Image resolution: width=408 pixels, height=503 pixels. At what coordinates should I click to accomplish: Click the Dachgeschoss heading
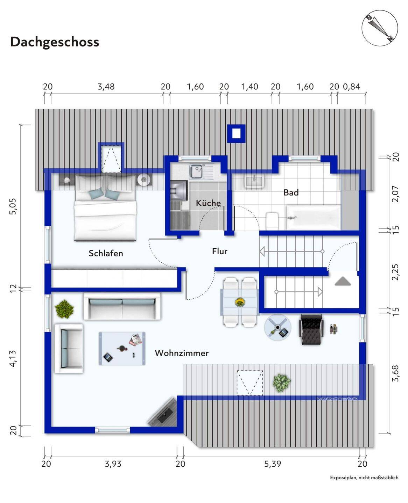coord(55,42)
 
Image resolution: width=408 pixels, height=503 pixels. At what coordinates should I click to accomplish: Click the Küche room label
coord(208,203)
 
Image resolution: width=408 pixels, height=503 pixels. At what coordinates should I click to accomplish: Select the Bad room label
coord(291,192)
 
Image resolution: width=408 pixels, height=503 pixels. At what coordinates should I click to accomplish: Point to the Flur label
coord(219,251)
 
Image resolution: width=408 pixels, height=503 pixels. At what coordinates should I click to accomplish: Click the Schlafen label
coord(106,253)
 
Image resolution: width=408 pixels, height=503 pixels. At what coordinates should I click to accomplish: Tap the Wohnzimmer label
coord(182,353)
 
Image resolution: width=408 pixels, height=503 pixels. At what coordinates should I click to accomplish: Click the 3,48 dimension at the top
coord(106,87)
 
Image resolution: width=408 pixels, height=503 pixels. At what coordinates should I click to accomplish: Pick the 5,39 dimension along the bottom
coord(272,464)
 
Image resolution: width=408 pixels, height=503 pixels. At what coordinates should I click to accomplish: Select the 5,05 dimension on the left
coord(13,206)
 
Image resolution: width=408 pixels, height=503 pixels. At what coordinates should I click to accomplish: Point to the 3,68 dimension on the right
coord(395,373)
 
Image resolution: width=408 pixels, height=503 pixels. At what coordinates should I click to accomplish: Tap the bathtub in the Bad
coord(314,217)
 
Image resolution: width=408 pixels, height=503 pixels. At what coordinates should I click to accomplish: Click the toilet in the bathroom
coord(272,221)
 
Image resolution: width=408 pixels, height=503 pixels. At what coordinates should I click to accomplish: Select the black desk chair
coord(310,328)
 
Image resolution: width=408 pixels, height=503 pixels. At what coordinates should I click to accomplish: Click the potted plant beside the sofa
coord(64,309)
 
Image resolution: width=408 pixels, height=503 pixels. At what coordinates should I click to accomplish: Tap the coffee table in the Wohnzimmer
coord(122,348)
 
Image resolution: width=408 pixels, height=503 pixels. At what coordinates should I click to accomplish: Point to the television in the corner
coord(162,413)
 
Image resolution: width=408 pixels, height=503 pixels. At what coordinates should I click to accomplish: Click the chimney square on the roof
coord(236,133)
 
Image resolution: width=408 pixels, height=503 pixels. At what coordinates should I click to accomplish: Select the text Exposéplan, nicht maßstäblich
coord(364,478)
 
